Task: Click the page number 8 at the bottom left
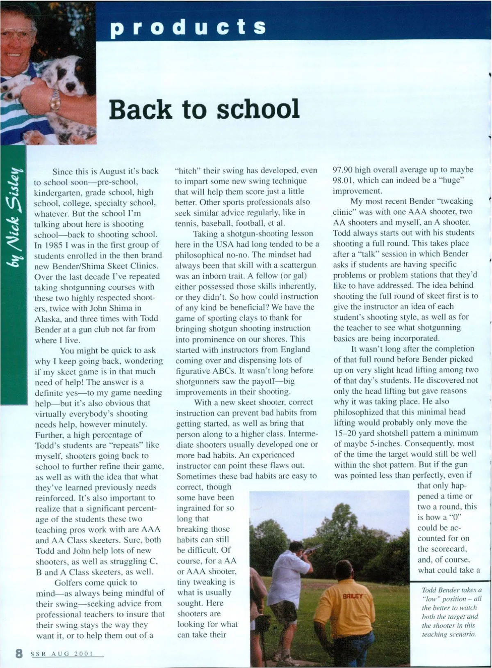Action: (19, 653)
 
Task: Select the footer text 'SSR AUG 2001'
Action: (62, 654)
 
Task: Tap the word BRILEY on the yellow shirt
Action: (353, 597)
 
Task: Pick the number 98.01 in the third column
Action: (343, 180)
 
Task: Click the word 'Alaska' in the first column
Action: (48, 319)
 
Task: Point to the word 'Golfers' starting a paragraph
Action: (68, 583)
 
